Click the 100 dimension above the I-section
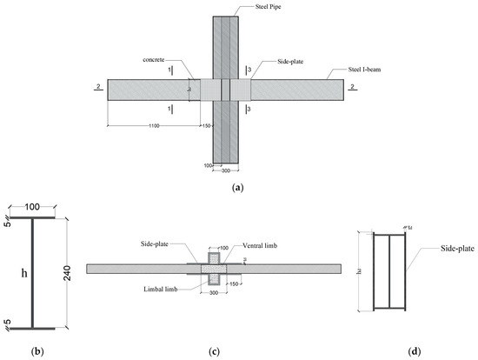coord(31,209)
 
